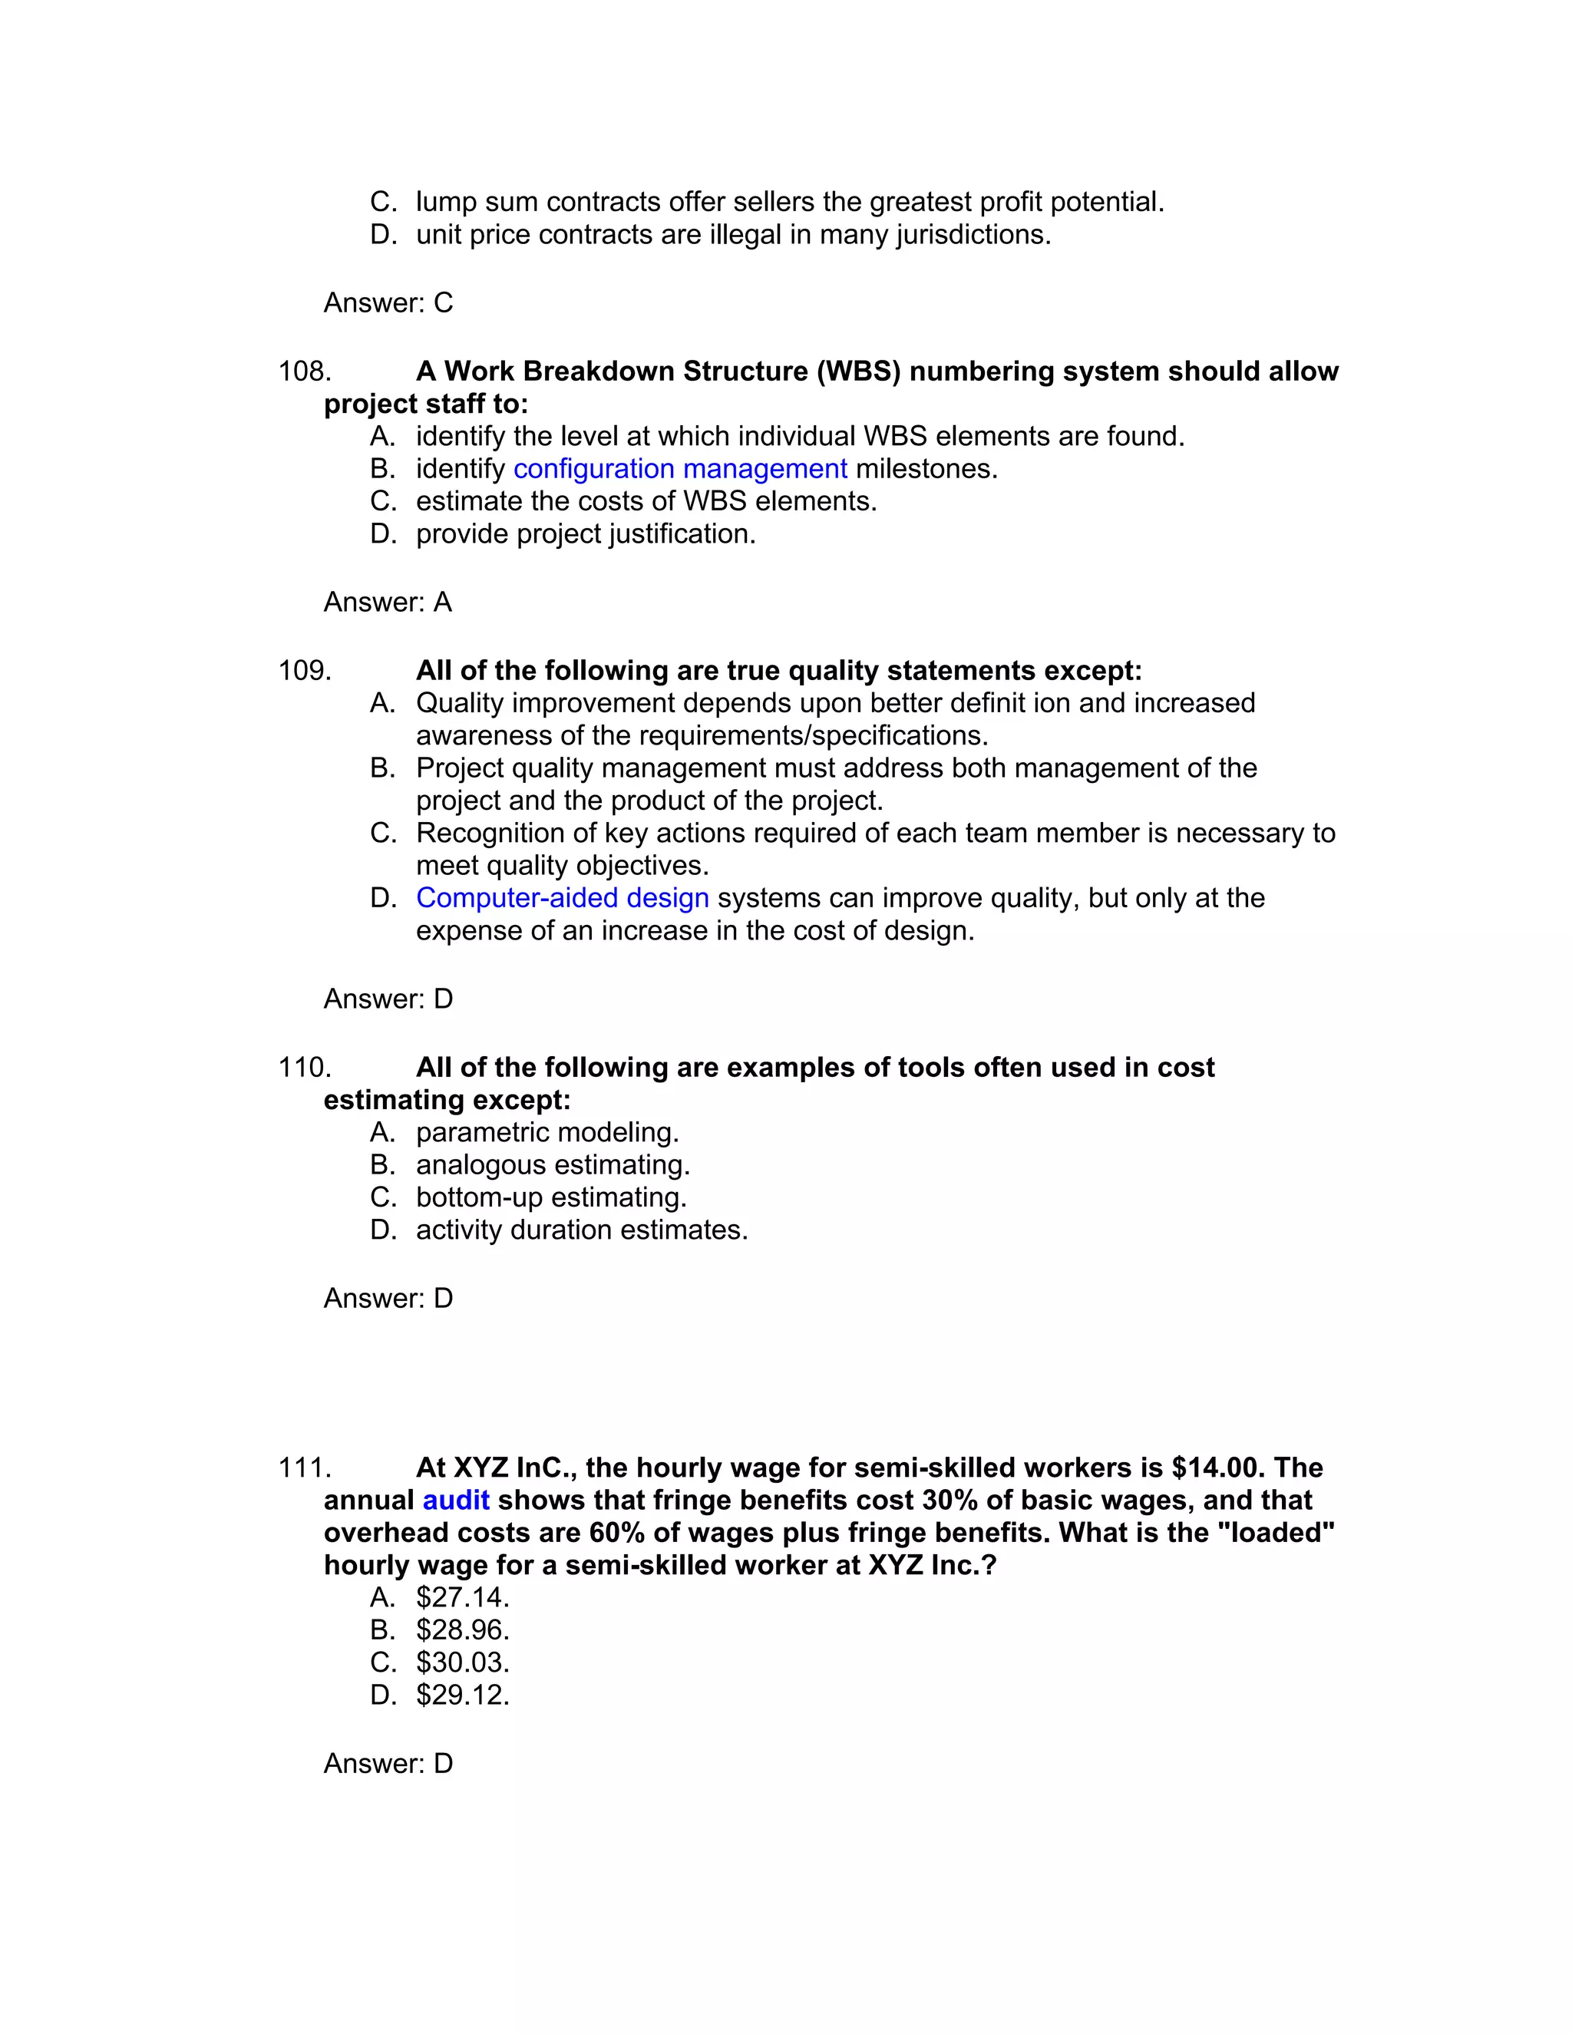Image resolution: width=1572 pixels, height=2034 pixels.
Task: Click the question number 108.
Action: point(305,371)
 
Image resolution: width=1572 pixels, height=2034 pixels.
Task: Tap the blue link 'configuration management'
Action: point(680,468)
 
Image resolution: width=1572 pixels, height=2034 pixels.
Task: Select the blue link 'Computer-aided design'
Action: point(562,898)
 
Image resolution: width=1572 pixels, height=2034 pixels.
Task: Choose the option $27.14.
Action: point(462,1597)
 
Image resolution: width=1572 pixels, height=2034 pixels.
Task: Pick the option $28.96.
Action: point(462,1630)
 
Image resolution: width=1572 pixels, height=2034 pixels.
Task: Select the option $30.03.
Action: point(462,1663)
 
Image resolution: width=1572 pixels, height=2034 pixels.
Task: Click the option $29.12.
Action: point(462,1694)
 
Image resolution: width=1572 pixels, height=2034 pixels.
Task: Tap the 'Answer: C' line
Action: point(388,302)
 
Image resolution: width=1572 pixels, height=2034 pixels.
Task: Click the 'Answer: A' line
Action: point(388,603)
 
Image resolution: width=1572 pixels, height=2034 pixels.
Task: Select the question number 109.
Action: point(305,671)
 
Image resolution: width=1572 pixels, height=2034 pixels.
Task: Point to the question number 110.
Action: point(305,1068)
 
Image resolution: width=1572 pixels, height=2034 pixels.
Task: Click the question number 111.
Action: point(305,1468)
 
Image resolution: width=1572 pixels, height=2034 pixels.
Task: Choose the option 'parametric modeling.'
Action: point(547,1132)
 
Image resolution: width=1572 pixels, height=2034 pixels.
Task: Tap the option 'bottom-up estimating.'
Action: point(550,1197)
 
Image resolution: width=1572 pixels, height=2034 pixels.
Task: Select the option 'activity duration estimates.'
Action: point(581,1230)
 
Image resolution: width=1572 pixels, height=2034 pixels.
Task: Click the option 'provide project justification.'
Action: point(585,533)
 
